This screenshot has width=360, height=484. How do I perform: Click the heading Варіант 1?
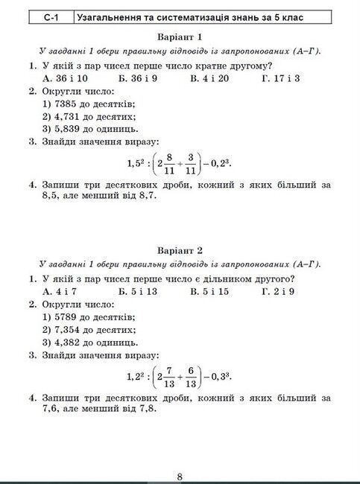pyautogui.click(x=180, y=37)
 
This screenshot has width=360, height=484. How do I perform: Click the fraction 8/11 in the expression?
pyautogui.click(x=171, y=162)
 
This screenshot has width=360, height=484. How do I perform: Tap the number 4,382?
pyautogui.click(x=69, y=343)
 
